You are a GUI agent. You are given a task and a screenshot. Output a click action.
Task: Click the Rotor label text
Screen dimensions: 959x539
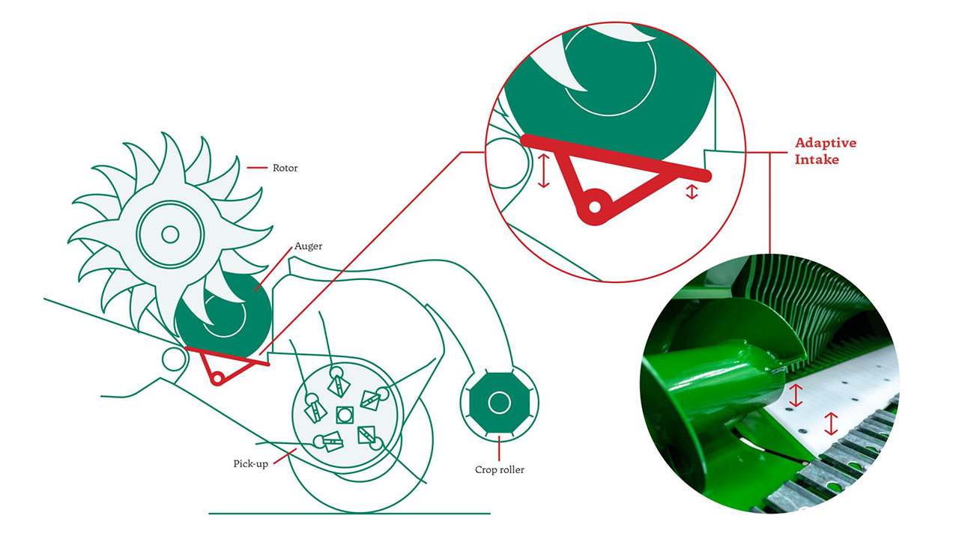point(285,168)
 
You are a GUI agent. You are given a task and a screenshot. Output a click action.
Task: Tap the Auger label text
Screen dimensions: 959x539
point(308,246)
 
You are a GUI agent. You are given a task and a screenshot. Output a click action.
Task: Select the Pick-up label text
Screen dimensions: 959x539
point(250,463)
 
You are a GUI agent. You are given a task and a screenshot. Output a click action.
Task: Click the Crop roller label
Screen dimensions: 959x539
point(499,469)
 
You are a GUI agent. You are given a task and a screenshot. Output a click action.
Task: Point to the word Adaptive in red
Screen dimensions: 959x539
point(826,143)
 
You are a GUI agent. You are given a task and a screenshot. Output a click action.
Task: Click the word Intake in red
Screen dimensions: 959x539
point(817,159)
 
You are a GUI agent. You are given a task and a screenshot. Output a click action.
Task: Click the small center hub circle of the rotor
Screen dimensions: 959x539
point(170,234)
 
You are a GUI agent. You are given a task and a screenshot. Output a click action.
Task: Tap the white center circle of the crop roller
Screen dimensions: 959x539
point(499,403)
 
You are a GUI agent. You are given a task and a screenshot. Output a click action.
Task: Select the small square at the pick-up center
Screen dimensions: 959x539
point(345,415)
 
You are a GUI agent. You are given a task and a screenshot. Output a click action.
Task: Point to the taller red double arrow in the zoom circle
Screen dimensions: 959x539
point(543,171)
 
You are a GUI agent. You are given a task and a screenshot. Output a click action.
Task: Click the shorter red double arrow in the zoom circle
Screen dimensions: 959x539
point(692,192)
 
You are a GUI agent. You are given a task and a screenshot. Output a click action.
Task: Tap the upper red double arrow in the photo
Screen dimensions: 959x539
point(796,395)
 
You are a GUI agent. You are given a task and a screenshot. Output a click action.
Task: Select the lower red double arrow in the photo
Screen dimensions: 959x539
point(831,424)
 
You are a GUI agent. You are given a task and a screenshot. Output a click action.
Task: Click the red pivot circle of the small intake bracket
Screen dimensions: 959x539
point(217,379)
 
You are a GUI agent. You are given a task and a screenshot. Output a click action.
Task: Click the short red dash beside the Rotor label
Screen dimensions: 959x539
point(257,168)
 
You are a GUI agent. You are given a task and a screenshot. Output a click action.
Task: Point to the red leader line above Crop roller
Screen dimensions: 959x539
point(499,448)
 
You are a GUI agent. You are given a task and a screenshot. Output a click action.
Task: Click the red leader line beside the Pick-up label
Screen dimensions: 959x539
point(285,457)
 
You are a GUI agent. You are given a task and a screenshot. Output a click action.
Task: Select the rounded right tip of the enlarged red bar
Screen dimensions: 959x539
point(706,175)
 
